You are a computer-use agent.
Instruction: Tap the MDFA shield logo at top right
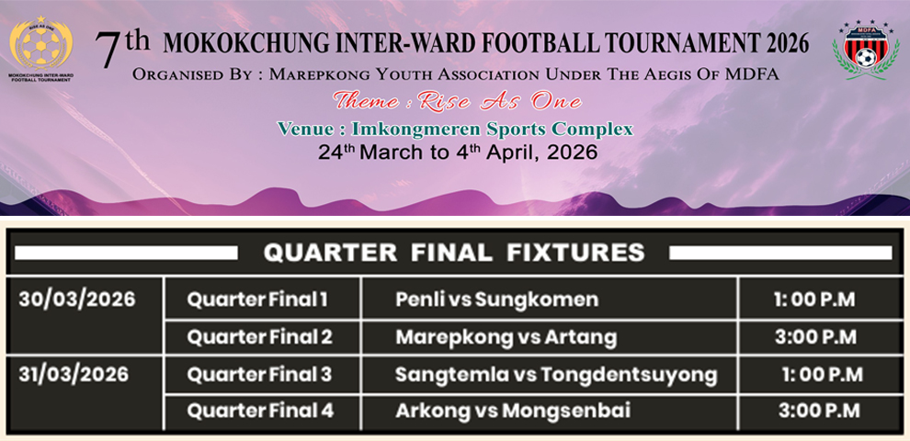tap(865, 50)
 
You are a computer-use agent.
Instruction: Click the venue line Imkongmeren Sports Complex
tap(455, 128)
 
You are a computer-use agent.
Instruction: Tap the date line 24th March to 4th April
tap(457, 153)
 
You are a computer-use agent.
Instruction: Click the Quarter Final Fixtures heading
tap(454, 253)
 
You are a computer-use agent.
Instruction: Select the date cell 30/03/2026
tap(76, 300)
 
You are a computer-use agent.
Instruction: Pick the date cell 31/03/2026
tap(76, 375)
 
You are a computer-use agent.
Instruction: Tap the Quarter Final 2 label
tap(259, 337)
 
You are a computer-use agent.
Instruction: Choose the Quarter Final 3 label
tap(259, 375)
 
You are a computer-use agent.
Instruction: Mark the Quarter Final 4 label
tap(260, 411)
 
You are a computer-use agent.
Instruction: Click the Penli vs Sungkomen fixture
tap(496, 300)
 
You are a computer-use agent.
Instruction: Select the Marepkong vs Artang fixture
tap(506, 337)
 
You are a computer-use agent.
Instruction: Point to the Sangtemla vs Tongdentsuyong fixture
tap(555, 375)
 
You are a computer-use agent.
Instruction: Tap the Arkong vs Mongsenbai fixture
tap(513, 411)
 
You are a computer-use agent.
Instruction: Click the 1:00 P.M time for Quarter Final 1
tap(815, 300)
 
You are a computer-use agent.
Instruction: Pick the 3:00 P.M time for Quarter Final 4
tap(817, 411)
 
